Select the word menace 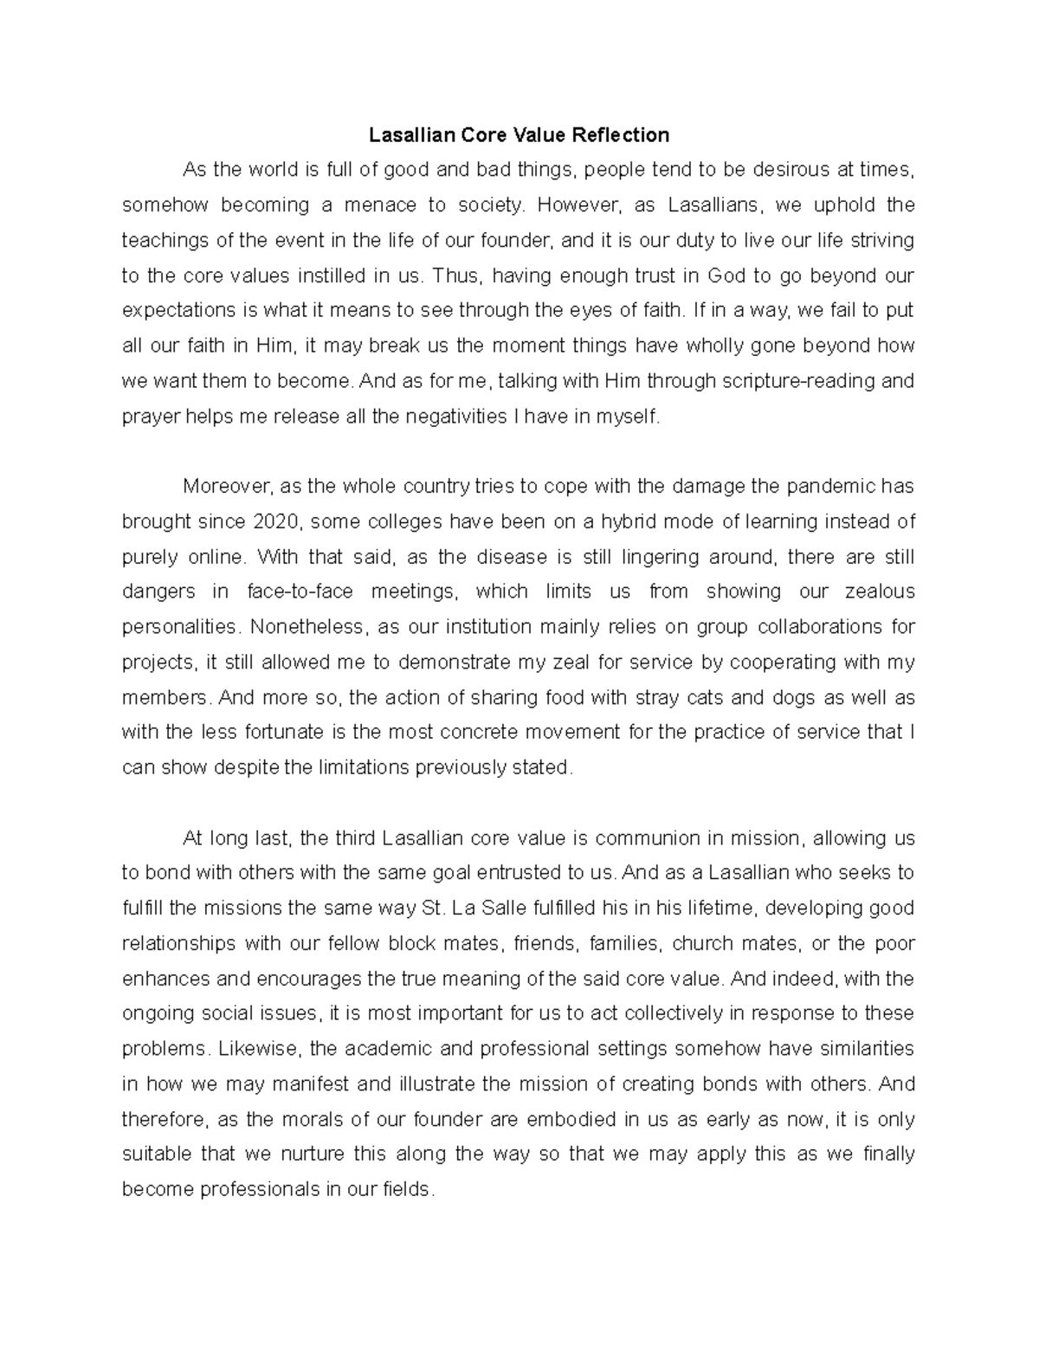pyautogui.click(x=378, y=205)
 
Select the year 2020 pyautogui.click(x=275, y=522)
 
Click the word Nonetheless pyautogui.click(x=298, y=627)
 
